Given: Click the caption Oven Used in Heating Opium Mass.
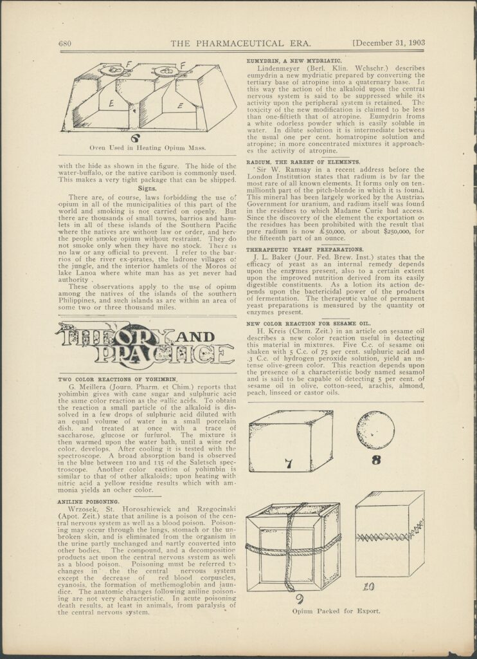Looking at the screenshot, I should pos(147,147).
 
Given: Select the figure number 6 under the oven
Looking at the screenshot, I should pos(135,137).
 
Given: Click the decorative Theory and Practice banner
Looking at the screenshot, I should pos(145,346).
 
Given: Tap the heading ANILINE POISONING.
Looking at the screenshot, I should pos(80,501).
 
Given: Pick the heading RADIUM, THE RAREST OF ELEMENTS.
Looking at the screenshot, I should pos(303,162).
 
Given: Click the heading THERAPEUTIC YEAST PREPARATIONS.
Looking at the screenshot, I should pos(305,249).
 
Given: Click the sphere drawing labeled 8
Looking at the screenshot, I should pos(375,430).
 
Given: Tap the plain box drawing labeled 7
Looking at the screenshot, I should pos(291,441).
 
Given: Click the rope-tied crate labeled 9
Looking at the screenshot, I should pos(293,547).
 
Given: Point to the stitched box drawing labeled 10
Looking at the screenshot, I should pos(389,534).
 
